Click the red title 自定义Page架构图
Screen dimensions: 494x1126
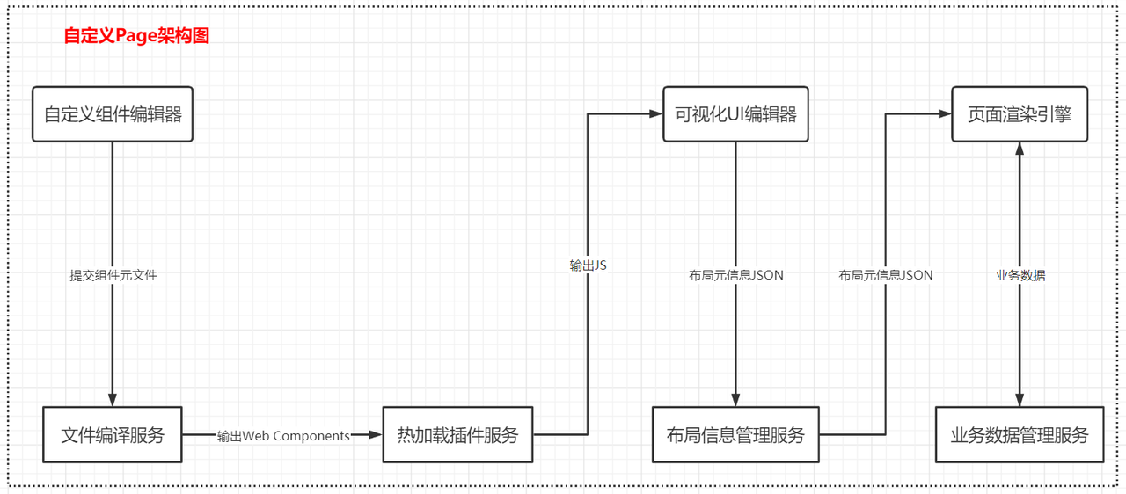click(x=136, y=36)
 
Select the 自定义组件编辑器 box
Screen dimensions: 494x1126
click(x=113, y=113)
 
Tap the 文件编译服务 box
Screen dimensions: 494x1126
click(x=113, y=434)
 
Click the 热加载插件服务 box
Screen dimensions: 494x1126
click(x=457, y=434)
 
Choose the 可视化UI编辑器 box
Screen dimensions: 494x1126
click(x=735, y=113)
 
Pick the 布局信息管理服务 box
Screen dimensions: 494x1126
click(x=735, y=434)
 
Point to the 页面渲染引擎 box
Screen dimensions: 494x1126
click(x=1020, y=113)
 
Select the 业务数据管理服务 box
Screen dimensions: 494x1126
click(x=1020, y=434)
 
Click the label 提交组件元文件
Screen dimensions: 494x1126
click(x=113, y=275)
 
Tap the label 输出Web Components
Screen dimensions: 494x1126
click(x=284, y=435)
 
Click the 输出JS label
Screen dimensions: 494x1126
click(x=588, y=265)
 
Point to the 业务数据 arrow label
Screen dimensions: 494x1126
click(x=1020, y=275)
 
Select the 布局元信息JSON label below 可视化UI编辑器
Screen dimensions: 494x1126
click(x=736, y=275)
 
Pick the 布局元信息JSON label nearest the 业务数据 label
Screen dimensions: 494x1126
click(x=886, y=275)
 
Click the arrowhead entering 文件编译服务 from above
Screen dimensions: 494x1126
click(x=113, y=400)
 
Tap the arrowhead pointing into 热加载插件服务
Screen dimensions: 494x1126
click(x=376, y=434)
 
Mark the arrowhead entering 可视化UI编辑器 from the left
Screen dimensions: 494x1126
click(x=655, y=113)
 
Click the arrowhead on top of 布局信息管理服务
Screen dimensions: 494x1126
click(x=735, y=400)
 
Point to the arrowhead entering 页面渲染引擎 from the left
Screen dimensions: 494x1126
click(x=945, y=113)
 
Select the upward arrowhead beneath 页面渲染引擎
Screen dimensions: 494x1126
click(x=1020, y=149)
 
